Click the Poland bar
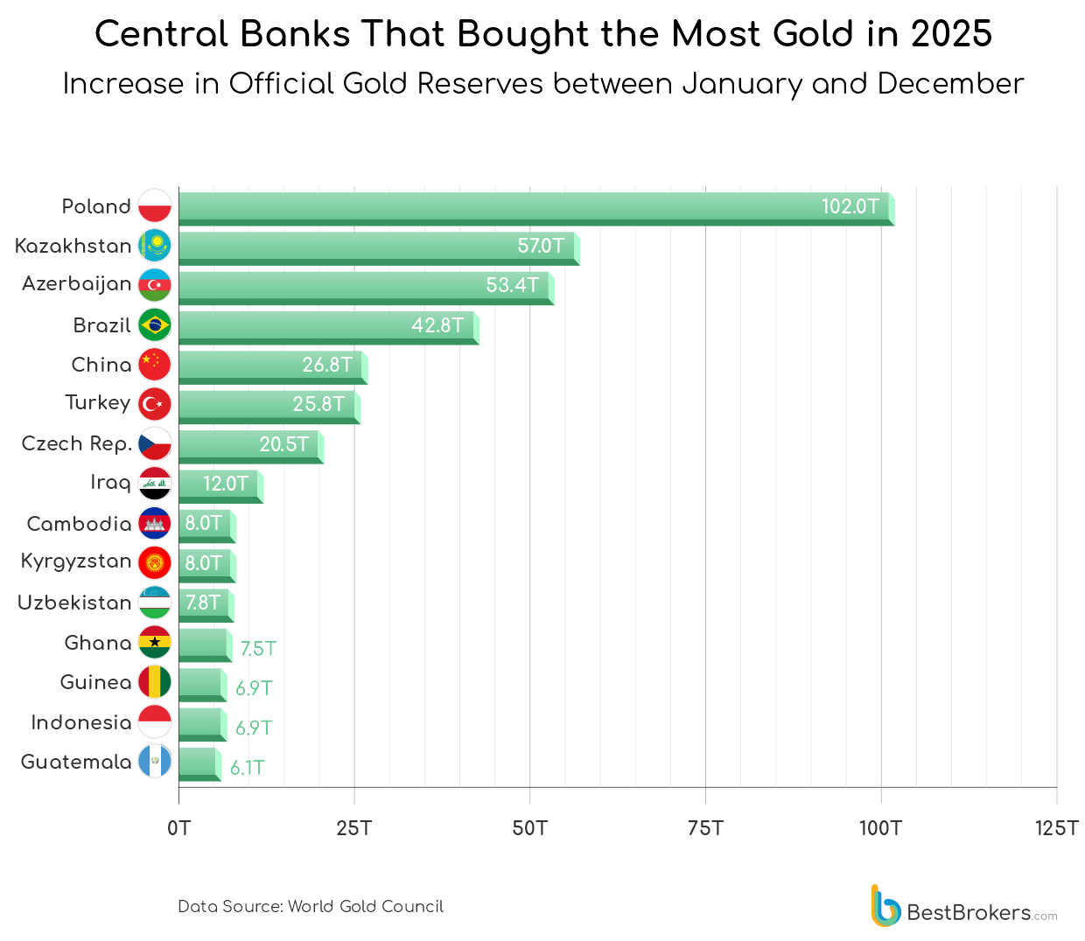[534, 208]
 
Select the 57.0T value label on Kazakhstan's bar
[540, 246]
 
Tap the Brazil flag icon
[155, 325]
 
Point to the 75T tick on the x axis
[705, 828]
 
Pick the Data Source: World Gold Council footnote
[311, 907]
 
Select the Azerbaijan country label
[77, 284]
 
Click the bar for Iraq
[220, 484]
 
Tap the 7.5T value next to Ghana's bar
[258, 649]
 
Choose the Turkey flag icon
[155, 404]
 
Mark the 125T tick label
[1056, 828]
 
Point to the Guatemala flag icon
[155, 762]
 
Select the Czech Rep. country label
[77, 444]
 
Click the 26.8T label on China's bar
[327, 365]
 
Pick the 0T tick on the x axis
[178, 828]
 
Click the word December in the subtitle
[950, 84]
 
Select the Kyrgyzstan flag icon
[155, 563]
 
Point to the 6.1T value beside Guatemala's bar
[248, 768]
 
